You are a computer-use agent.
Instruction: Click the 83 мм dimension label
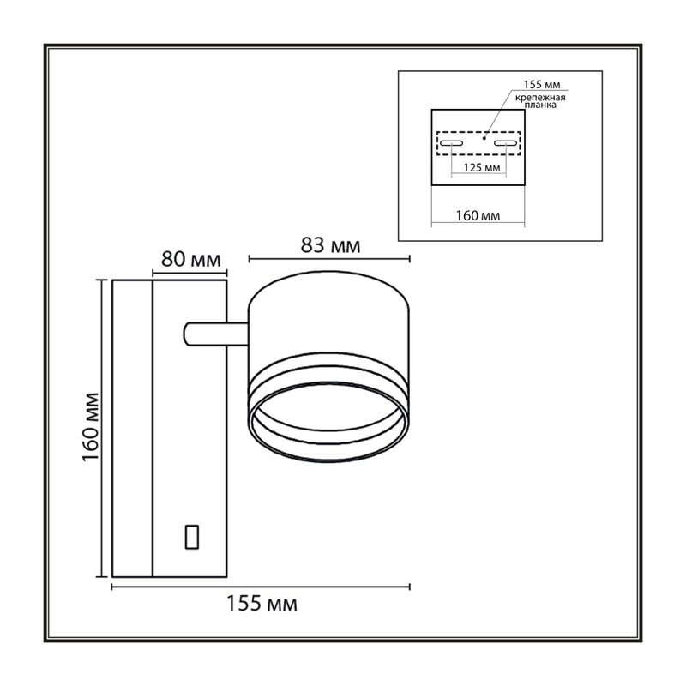330,245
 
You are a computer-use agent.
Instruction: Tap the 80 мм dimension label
190,260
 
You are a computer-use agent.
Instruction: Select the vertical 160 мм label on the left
91,427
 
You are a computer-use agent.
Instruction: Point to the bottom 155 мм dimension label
262,604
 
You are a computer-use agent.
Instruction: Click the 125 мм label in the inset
482,167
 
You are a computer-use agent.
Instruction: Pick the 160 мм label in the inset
478,216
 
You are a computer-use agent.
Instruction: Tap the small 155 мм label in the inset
542,84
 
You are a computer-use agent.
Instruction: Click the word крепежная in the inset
540,98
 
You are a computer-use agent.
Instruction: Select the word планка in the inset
540,105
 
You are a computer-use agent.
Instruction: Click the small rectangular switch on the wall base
192,537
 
